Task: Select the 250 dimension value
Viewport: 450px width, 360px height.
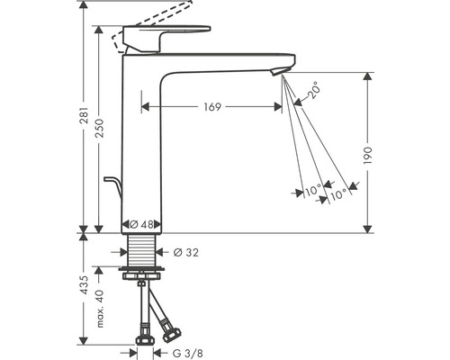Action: tap(99, 128)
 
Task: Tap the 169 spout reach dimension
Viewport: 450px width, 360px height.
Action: tap(212, 107)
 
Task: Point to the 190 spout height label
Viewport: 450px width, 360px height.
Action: tap(367, 156)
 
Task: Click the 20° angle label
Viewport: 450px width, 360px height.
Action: tap(314, 90)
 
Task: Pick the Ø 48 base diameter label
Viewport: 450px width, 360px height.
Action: tap(141, 224)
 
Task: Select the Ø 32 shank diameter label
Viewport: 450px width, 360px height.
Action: tap(186, 253)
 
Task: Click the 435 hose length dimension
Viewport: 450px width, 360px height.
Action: tap(85, 285)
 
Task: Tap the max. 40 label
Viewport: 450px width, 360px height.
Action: tap(100, 309)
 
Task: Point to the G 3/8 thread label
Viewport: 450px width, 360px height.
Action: tap(188, 354)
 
